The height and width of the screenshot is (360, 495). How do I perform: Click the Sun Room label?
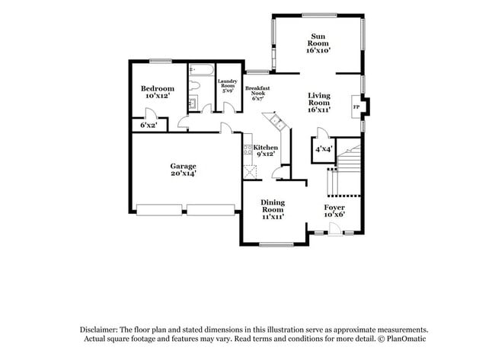tap(318, 43)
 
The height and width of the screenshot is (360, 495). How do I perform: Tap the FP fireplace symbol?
tap(356, 107)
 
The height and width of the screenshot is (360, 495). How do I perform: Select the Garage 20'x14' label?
tap(183, 170)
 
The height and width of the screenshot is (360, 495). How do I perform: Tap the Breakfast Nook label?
tap(257, 94)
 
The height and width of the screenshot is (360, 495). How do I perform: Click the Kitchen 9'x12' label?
tap(265, 151)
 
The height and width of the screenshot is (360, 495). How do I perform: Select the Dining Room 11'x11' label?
tap(273, 209)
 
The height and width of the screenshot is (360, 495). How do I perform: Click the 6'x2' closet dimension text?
tap(148, 125)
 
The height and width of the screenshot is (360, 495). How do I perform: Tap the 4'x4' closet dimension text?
tap(324, 149)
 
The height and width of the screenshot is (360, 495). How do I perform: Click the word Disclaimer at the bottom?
tap(98, 330)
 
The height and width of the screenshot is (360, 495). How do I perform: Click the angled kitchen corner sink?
tap(273, 120)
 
